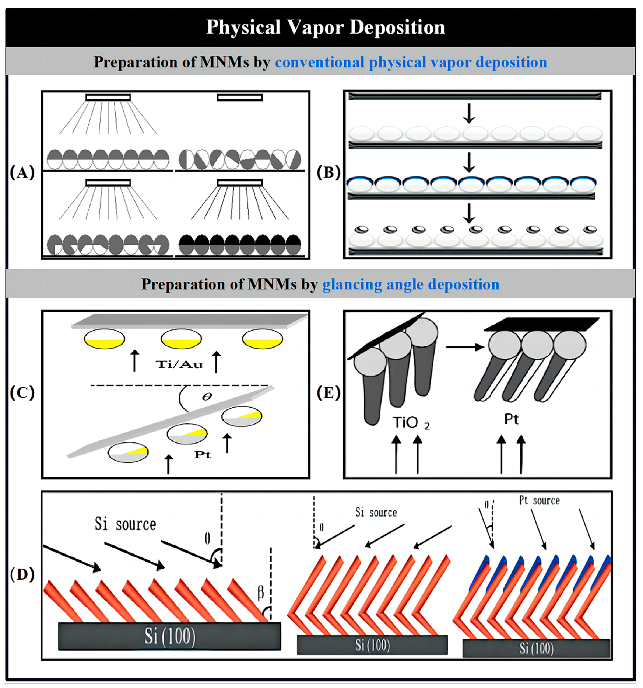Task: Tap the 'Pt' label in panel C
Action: click(202, 454)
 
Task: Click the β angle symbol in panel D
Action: click(261, 593)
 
